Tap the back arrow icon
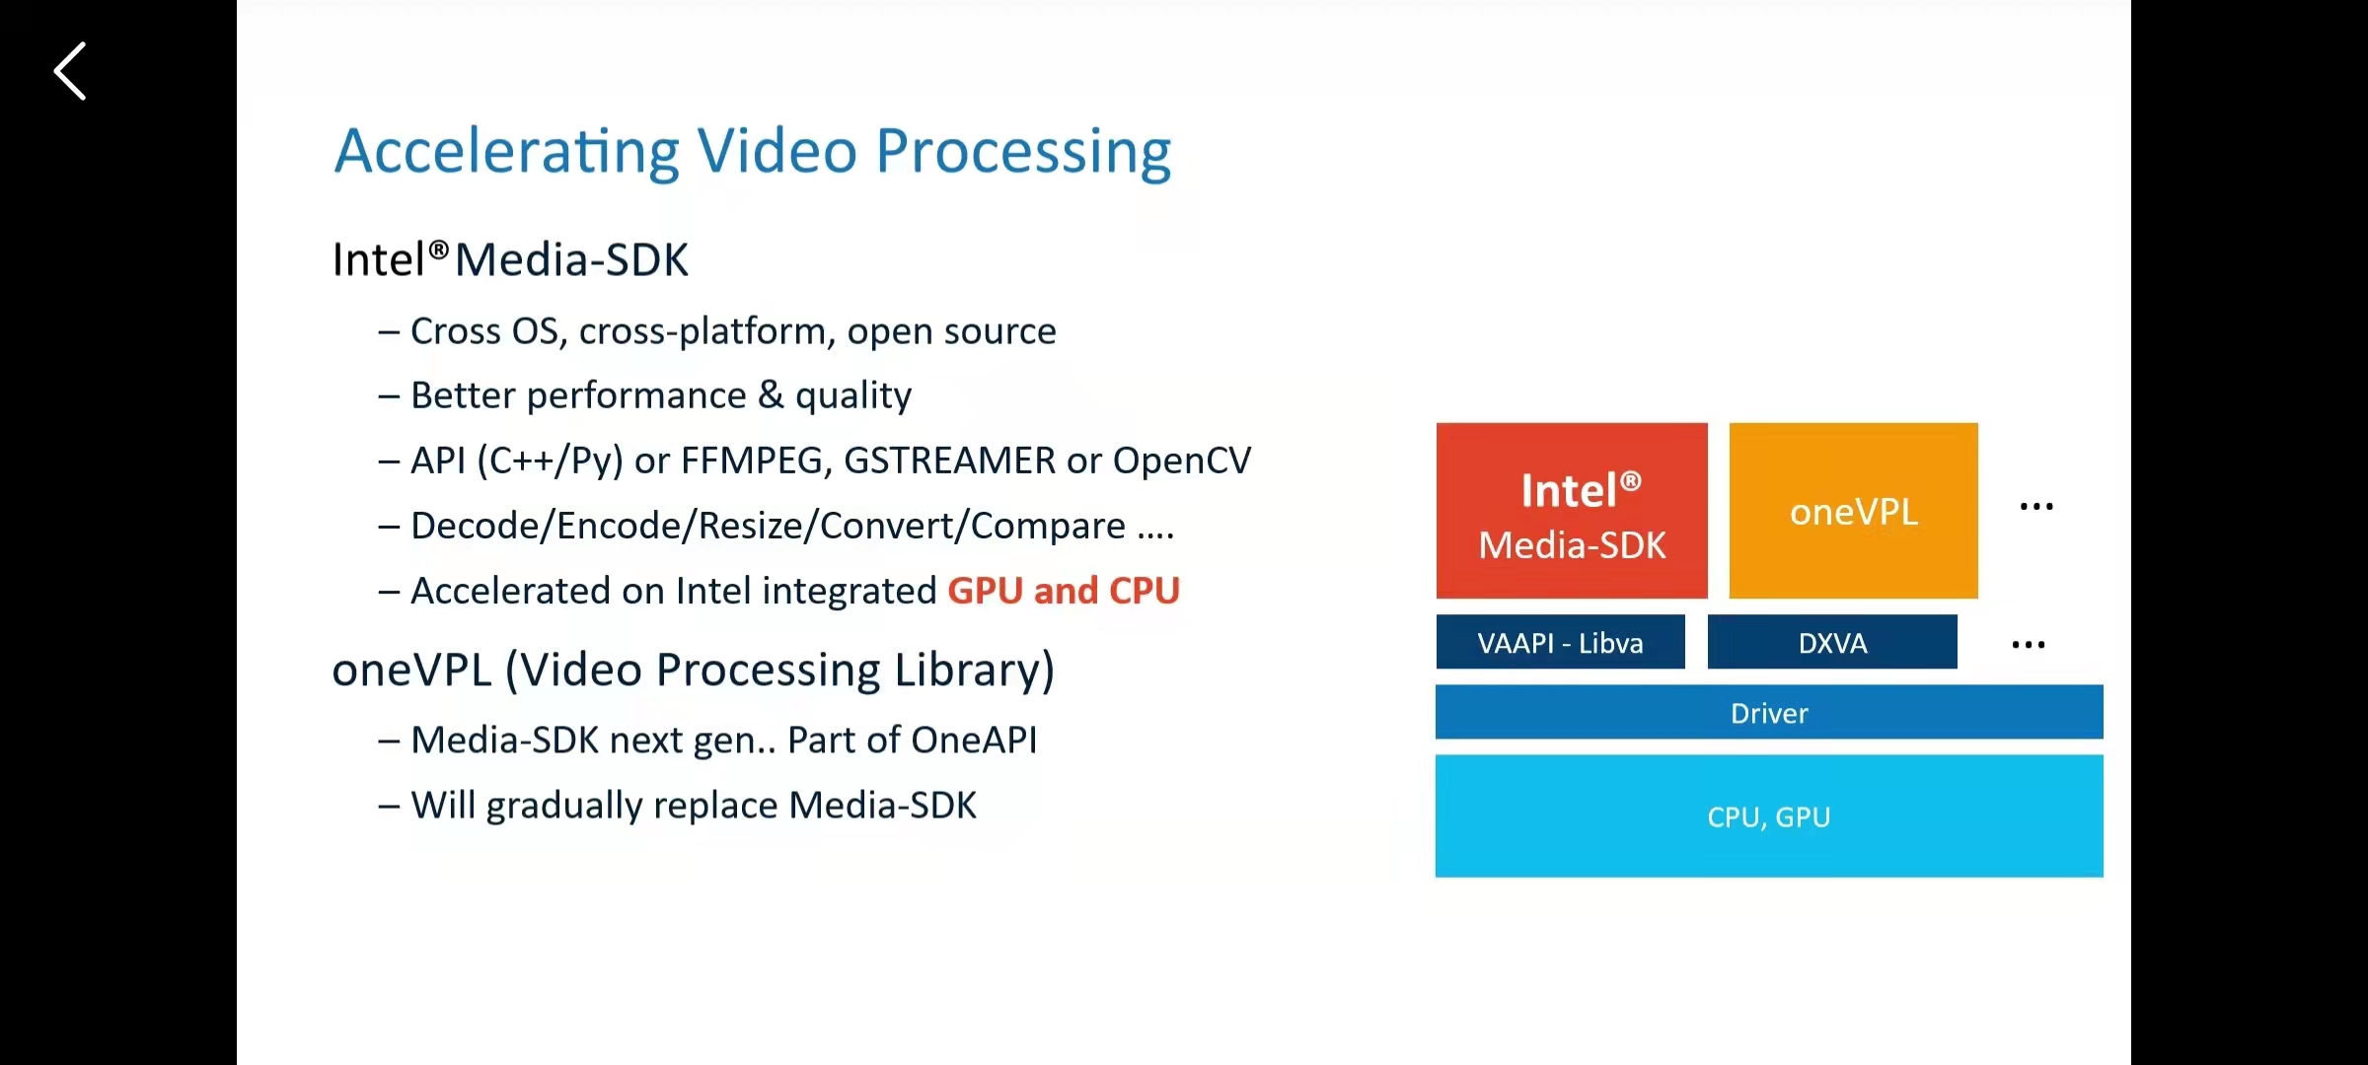point(70,71)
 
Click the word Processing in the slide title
point(1023,152)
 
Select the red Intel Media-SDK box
point(1572,511)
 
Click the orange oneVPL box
point(1853,511)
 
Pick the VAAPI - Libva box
point(1560,643)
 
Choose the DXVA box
point(1832,643)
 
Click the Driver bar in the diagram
point(1769,713)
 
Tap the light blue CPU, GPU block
point(1769,816)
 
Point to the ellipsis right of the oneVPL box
point(2036,507)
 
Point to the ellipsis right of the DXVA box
point(2029,645)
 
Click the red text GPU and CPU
point(1064,591)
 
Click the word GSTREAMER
point(949,461)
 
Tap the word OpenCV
point(1182,461)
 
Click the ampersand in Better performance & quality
point(771,395)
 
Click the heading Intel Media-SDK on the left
point(510,260)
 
